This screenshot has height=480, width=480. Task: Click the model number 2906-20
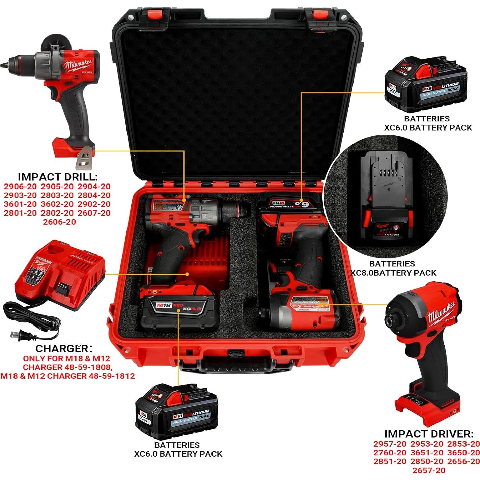(20, 186)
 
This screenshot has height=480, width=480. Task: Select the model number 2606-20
(59, 222)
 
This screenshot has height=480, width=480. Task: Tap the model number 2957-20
(390, 444)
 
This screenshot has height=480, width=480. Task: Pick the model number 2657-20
(428, 470)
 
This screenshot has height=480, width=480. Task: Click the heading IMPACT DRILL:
(58, 177)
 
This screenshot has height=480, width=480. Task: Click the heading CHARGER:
(64, 348)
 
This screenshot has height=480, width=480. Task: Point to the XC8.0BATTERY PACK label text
(393, 273)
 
